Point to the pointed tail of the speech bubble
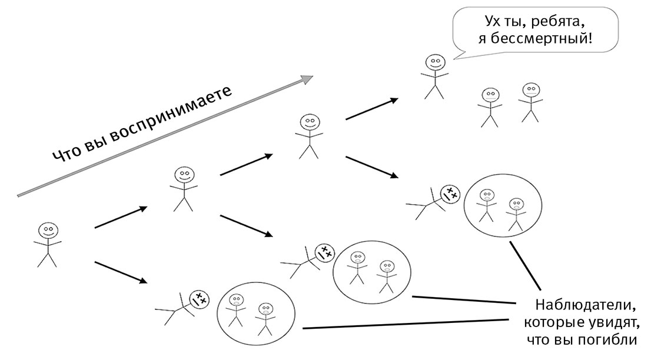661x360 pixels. pyautogui.click(x=454, y=59)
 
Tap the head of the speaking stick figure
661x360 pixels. pyautogui.click(x=435, y=63)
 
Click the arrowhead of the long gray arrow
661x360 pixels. pyautogui.click(x=307, y=79)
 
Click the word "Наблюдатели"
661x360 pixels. pyautogui.click(x=585, y=304)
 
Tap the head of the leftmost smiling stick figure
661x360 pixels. pyautogui.click(x=48, y=231)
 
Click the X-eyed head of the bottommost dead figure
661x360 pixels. pyautogui.click(x=199, y=299)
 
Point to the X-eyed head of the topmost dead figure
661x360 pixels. pyautogui.click(x=450, y=195)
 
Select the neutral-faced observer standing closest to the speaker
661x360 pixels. pyautogui.click(x=490, y=108)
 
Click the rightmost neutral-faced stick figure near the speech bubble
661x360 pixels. pyautogui.click(x=530, y=102)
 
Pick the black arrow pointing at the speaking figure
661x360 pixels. pyautogui.click(x=372, y=109)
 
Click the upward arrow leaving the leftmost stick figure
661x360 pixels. pyautogui.click(x=121, y=217)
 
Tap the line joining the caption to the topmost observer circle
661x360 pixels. pyautogui.click(x=525, y=265)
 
